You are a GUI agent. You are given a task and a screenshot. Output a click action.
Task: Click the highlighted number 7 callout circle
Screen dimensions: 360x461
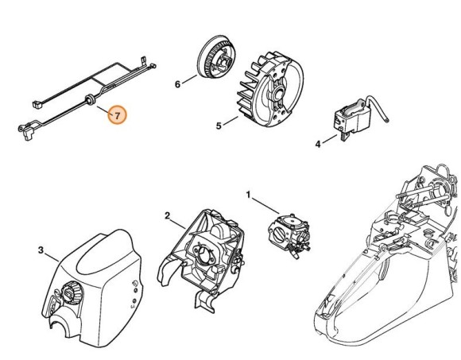pos(117,116)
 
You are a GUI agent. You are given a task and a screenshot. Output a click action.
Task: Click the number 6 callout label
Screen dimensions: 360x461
pos(179,83)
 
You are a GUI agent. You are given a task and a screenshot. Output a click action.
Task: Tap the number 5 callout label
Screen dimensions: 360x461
pos(219,125)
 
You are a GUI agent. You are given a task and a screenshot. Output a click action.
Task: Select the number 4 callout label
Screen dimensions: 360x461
pos(318,144)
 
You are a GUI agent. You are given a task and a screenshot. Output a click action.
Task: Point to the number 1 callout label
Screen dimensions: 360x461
pos(247,193)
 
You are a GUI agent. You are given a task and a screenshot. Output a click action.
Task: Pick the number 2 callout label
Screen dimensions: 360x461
pos(167,215)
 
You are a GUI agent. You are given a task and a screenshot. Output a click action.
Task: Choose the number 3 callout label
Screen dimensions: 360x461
pos(41,250)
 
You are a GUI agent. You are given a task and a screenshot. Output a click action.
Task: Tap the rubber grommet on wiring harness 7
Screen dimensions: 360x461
pos(89,99)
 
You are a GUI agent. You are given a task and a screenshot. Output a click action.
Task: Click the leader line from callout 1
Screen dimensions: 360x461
pos(261,203)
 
